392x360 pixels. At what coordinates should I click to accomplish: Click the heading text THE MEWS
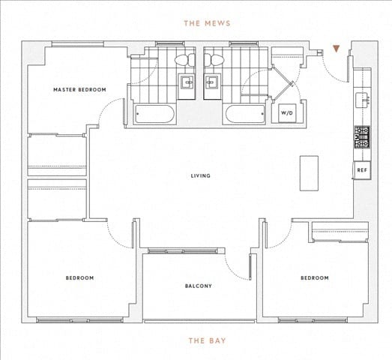[x=207, y=23]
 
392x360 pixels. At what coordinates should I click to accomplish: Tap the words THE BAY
[x=207, y=340]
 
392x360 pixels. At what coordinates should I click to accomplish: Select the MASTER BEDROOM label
[x=79, y=90]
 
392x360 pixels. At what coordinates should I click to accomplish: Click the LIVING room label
[x=200, y=176]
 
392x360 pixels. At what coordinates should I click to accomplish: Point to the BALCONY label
[x=199, y=286]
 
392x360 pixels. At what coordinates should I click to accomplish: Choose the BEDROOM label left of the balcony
[x=79, y=278]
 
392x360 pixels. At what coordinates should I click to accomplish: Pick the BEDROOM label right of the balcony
[x=314, y=278]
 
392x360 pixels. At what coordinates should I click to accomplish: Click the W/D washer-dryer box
[x=287, y=113]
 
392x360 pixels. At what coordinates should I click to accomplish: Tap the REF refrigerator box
[x=362, y=170]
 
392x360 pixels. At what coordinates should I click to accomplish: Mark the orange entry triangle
[x=337, y=49]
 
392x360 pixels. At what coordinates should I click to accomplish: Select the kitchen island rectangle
[x=309, y=173]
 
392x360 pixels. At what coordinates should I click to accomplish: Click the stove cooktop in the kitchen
[x=362, y=137]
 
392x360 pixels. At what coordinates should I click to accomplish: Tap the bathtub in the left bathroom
[x=155, y=115]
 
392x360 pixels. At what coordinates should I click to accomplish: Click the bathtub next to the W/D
[x=245, y=115]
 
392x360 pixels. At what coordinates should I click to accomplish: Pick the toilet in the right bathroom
[x=214, y=60]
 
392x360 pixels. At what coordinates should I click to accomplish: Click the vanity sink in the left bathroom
[x=186, y=83]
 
